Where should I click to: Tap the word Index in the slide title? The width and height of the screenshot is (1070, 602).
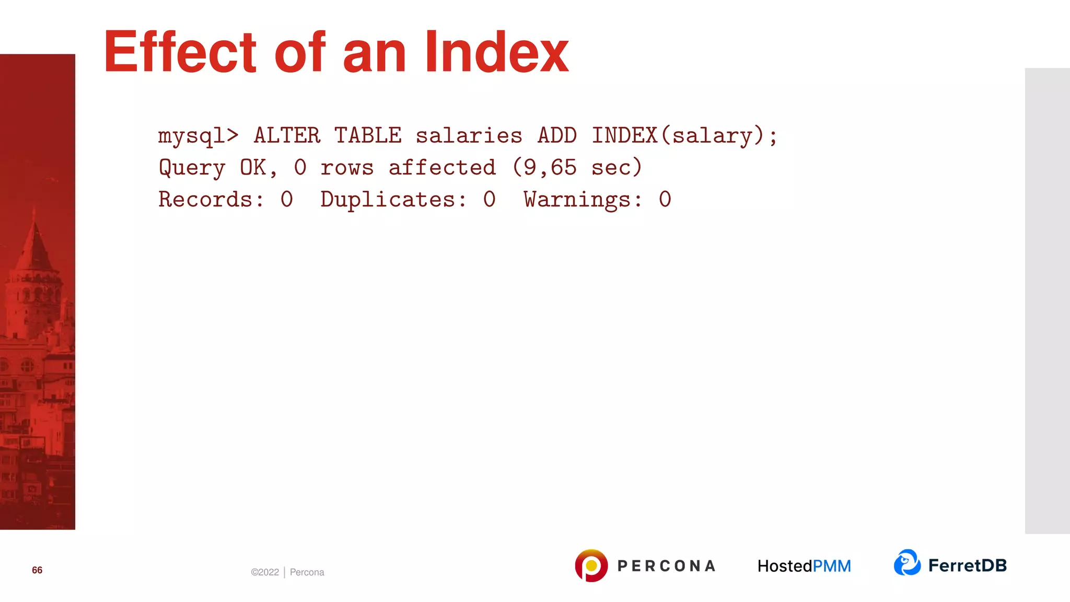pyautogui.click(x=496, y=52)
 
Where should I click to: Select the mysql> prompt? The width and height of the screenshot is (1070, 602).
pyautogui.click(x=198, y=136)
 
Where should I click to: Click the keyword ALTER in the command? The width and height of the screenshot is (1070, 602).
pyautogui.click(x=287, y=136)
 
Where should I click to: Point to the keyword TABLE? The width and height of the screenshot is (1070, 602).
pyautogui.click(x=368, y=136)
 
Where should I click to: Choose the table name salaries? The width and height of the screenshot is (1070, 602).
pyautogui.click(x=469, y=136)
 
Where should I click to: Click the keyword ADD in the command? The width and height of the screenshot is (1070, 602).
pyautogui.click(x=557, y=136)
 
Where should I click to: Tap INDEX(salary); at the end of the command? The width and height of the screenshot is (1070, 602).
pyautogui.click(x=684, y=136)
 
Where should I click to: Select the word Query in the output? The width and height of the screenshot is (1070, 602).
pyautogui.click(x=192, y=168)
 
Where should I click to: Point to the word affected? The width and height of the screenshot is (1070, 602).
pyautogui.click(x=442, y=168)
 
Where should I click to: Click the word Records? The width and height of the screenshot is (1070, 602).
pyautogui.click(x=211, y=200)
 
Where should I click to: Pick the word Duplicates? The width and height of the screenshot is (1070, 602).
pyautogui.click(x=393, y=200)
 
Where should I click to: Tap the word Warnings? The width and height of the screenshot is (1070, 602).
pyautogui.click(x=583, y=200)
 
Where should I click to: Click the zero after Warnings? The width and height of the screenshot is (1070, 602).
pyautogui.click(x=665, y=200)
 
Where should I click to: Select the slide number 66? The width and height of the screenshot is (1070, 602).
pyautogui.click(x=37, y=570)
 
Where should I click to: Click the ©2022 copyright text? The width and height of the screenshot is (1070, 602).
pyautogui.click(x=265, y=572)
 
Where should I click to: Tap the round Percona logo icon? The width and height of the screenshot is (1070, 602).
pyautogui.click(x=591, y=565)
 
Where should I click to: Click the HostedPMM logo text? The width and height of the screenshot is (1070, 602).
pyautogui.click(x=804, y=566)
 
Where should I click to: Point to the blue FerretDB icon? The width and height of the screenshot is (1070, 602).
pyautogui.click(x=907, y=563)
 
